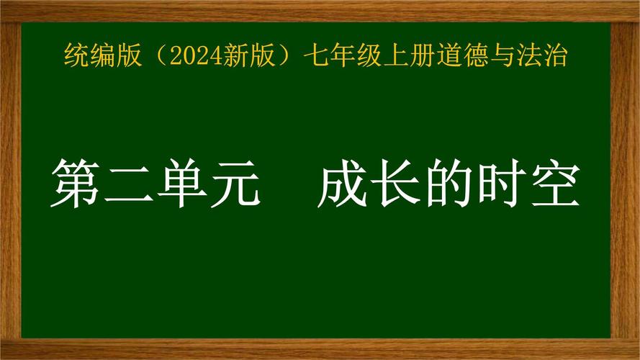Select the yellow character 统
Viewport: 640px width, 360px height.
coord(75,55)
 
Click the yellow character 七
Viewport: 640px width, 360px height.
coord(315,55)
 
